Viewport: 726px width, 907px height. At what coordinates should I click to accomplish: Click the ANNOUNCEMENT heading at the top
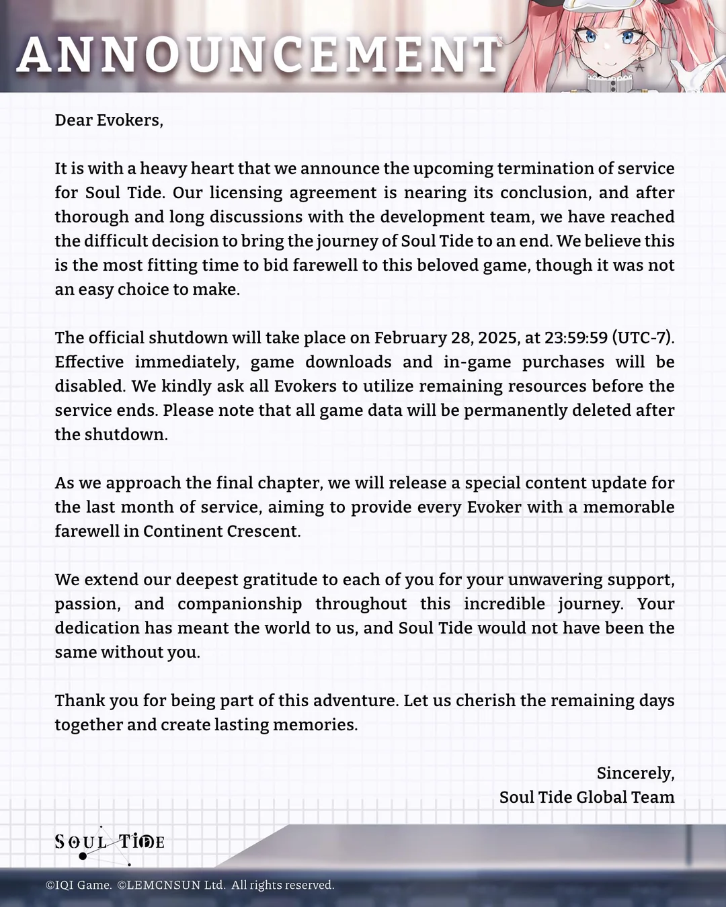[x=259, y=55]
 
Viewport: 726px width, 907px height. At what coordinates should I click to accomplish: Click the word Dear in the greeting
[x=73, y=120]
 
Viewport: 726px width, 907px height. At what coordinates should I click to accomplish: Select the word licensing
[x=245, y=193]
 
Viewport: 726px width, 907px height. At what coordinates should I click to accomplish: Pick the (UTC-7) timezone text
[x=642, y=338]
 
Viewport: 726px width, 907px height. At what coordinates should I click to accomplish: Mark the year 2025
[x=498, y=338]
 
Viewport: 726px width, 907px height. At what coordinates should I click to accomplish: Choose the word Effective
[x=89, y=362]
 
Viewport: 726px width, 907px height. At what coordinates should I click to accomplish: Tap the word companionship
[x=239, y=604]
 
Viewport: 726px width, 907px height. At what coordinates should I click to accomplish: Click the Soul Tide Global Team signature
[x=587, y=797]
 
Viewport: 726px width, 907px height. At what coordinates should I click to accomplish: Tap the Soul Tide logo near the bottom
[x=110, y=843]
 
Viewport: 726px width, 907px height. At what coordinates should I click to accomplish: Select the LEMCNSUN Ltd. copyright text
[x=171, y=886]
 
